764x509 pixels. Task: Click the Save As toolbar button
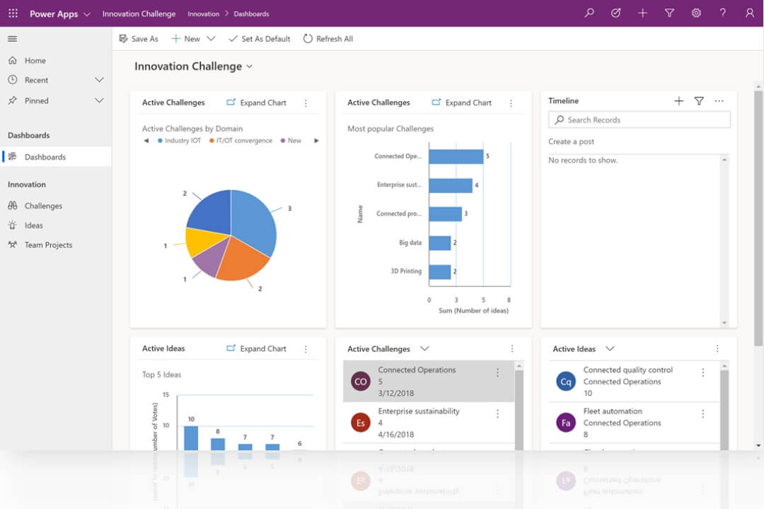[x=139, y=39]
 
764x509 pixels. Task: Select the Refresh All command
[x=328, y=39]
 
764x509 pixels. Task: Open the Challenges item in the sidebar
[x=43, y=206]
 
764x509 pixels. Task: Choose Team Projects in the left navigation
[x=48, y=245]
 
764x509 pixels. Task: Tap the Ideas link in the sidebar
[x=34, y=226]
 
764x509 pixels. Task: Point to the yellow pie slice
[x=199, y=241]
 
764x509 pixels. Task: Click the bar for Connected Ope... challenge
[x=456, y=156]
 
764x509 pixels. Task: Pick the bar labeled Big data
[x=439, y=243]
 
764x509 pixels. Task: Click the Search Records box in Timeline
[x=639, y=120]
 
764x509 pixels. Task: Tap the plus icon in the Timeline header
[x=678, y=101]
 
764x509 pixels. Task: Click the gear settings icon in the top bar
[x=696, y=13]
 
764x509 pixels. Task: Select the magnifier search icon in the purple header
[x=589, y=13]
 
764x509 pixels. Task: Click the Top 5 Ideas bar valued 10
[x=191, y=438]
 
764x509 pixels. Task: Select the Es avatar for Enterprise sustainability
[x=361, y=423]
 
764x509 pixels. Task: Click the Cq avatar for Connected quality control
[x=566, y=382]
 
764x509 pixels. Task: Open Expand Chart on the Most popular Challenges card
[x=462, y=103]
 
